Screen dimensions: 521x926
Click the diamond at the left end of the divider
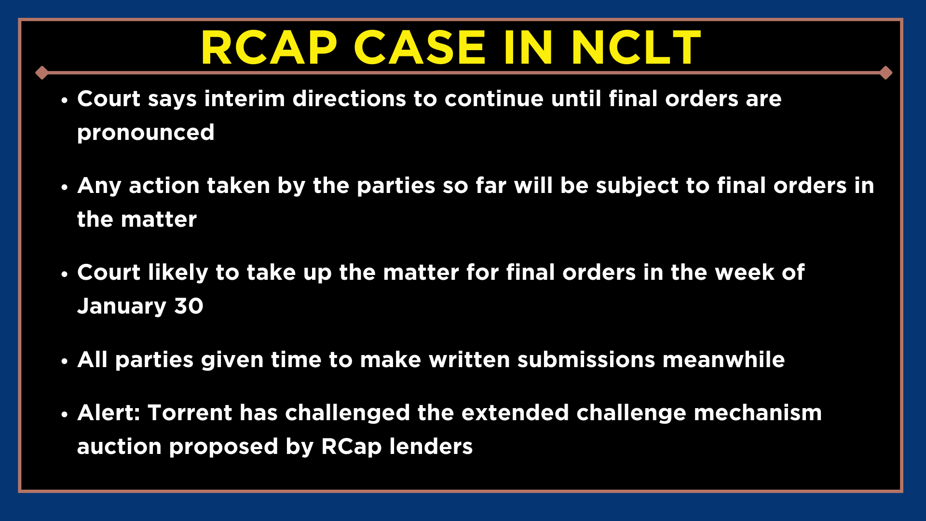[42, 73]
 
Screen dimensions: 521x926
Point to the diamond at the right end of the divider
[885, 73]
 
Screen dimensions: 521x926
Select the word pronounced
[146, 133]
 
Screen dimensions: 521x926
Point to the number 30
[189, 306]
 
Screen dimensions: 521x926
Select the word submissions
[586, 360]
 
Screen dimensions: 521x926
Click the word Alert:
[109, 413]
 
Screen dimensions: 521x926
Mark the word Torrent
[190, 413]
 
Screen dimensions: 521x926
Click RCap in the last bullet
[352, 447]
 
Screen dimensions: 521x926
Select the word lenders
[431, 447]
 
